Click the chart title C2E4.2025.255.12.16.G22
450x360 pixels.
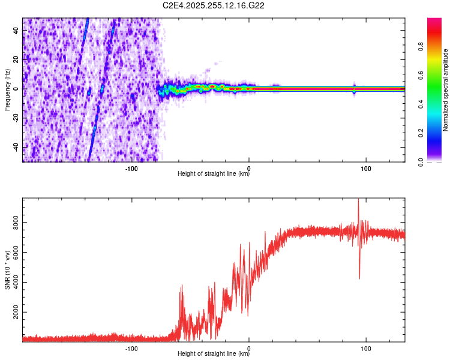pos(214,5)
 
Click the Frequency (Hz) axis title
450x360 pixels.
pos(7,89)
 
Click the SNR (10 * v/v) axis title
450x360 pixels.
pos(7,269)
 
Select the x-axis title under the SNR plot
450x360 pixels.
pos(214,355)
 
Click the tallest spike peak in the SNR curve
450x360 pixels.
pos(358,200)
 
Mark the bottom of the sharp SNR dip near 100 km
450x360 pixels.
pos(359,278)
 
